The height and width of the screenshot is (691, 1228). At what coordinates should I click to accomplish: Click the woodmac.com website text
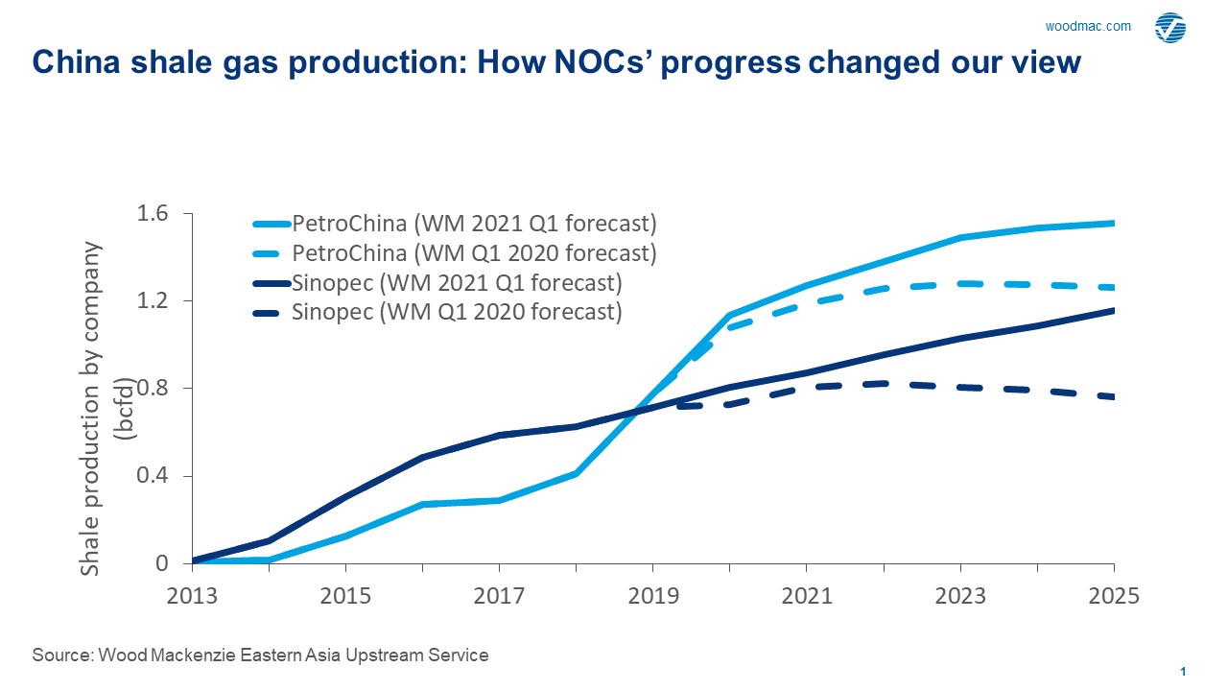point(1087,27)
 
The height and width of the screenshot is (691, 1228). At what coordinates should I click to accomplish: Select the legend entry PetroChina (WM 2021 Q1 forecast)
point(474,225)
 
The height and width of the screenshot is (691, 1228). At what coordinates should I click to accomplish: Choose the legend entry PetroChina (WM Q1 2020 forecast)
point(474,253)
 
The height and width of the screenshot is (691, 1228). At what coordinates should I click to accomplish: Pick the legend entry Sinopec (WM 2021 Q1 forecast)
point(457,283)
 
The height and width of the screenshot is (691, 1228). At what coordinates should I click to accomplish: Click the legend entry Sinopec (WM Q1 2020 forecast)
point(457,312)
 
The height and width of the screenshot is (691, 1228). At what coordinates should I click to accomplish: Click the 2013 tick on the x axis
point(193,596)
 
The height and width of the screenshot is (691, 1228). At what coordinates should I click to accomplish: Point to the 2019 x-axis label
point(653,596)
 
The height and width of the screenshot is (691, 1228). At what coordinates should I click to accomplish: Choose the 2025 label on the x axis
point(1113,596)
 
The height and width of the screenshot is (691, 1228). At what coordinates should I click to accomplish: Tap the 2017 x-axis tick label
point(500,596)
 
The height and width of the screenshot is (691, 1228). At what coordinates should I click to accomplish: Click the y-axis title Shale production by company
point(90,408)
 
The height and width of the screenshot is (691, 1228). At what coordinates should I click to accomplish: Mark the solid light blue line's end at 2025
point(1112,224)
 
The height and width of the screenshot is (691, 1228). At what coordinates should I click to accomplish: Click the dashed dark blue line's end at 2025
point(1112,397)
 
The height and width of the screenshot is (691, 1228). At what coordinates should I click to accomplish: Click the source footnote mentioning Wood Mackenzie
point(260,655)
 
